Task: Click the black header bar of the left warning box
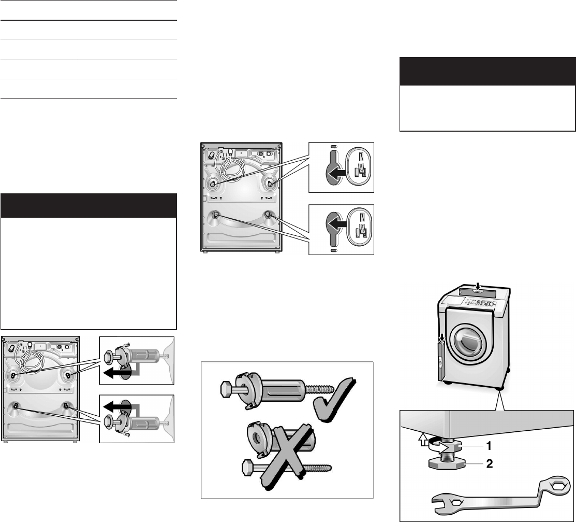88,205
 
